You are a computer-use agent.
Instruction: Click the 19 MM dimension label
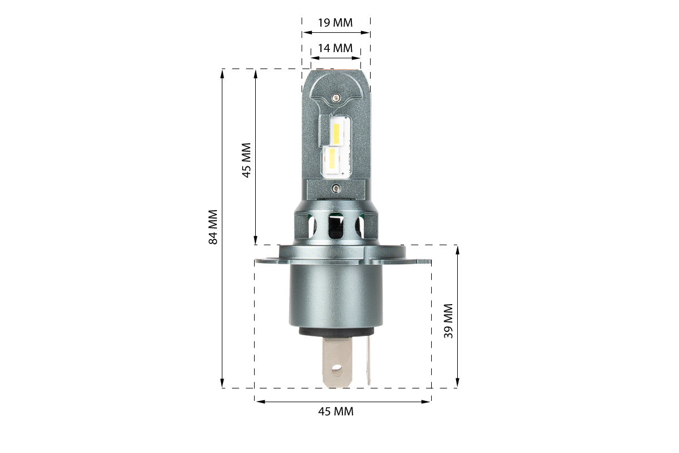(335, 23)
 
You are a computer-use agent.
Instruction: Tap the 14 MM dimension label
(335, 48)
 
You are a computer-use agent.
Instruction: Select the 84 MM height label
(213, 227)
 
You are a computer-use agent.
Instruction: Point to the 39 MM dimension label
(448, 320)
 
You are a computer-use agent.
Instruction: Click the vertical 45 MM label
(247, 160)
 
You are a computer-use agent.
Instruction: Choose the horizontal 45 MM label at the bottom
(336, 412)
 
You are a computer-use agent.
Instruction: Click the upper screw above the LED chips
(336, 97)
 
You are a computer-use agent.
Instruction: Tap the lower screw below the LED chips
(336, 189)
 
